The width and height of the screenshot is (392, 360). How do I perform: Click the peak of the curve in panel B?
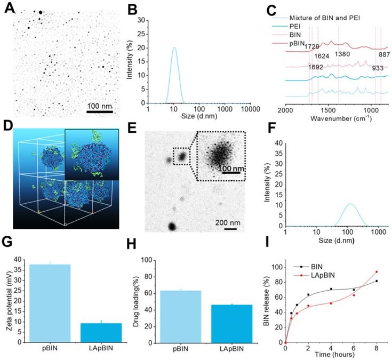[174, 47]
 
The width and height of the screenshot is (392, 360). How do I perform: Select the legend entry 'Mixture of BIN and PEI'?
[333, 18]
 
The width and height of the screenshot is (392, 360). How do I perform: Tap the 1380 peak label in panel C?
[343, 55]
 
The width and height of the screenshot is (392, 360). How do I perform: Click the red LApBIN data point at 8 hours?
[377, 272]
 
